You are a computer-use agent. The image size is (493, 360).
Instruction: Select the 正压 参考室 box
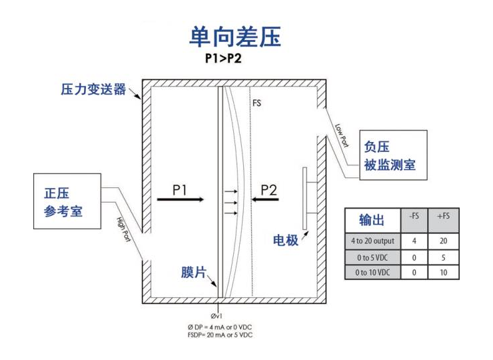coord(67,202)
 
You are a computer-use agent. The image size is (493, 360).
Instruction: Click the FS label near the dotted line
coord(256,103)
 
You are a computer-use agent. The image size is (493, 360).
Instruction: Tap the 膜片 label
coord(193,272)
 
